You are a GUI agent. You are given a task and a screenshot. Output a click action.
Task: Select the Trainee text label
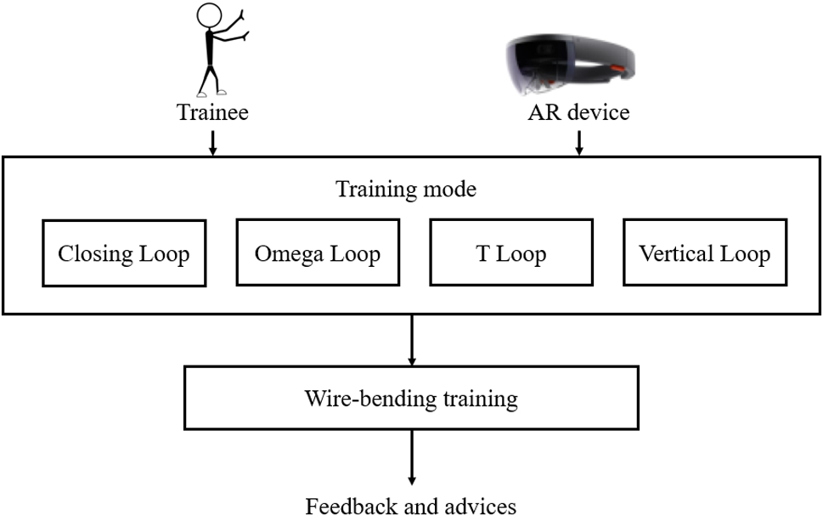(212, 113)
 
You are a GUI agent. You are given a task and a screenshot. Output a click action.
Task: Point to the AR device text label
(578, 113)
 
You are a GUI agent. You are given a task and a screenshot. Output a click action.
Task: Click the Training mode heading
(406, 189)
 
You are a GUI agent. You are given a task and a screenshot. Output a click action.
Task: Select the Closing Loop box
(124, 253)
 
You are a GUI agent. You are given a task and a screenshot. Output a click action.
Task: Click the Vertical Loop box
(705, 253)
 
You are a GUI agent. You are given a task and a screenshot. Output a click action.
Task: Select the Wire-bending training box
(411, 399)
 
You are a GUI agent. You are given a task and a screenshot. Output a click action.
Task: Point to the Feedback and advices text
(411, 506)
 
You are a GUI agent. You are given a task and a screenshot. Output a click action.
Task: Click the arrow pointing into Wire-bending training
(411, 340)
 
